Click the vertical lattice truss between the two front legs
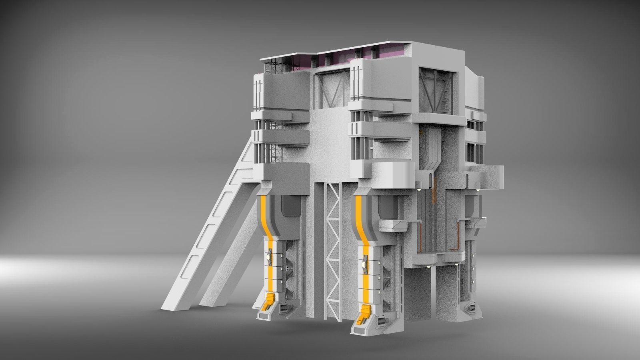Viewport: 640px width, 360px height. tap(333, 248)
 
